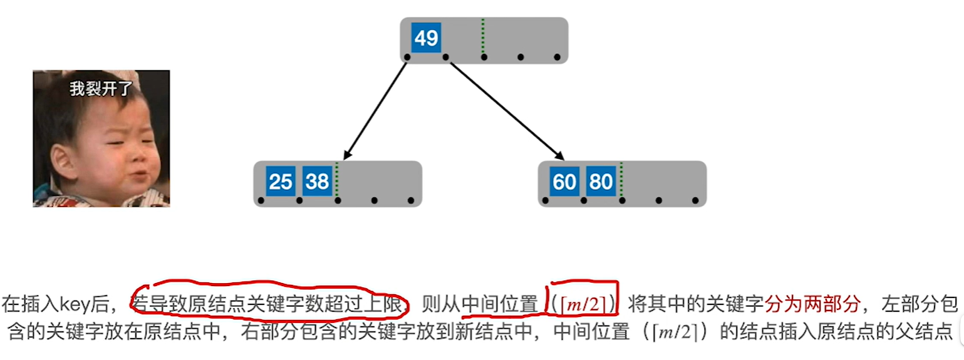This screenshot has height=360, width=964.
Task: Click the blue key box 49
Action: click(426, 39)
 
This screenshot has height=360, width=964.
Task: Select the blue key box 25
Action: click(281, 182)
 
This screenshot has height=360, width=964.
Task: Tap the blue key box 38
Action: click(318, 182)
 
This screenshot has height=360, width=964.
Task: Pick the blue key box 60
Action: click(564, 182)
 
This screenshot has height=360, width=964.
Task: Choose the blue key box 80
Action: click(601, 182)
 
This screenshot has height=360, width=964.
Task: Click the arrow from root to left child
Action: click(376, 108)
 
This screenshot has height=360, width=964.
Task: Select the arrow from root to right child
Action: click(505, 108)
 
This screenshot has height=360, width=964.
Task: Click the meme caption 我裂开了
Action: click(101, 88)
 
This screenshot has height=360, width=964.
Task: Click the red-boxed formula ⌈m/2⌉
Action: click(583, 305)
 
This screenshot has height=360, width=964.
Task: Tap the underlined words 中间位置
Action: click(499, 305)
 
